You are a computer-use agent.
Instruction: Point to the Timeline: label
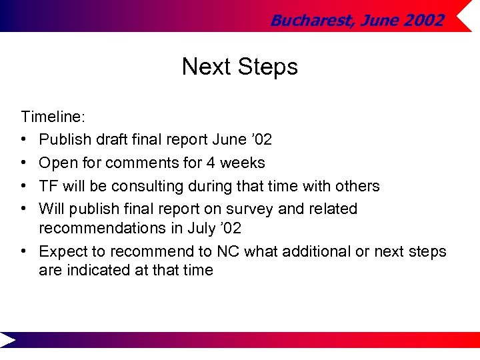tap(53, 117)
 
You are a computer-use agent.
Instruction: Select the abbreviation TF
tap(49, 186)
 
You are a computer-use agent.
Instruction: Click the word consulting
tap(151, 186)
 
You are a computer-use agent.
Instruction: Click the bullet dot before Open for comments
tap(24, 163)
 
